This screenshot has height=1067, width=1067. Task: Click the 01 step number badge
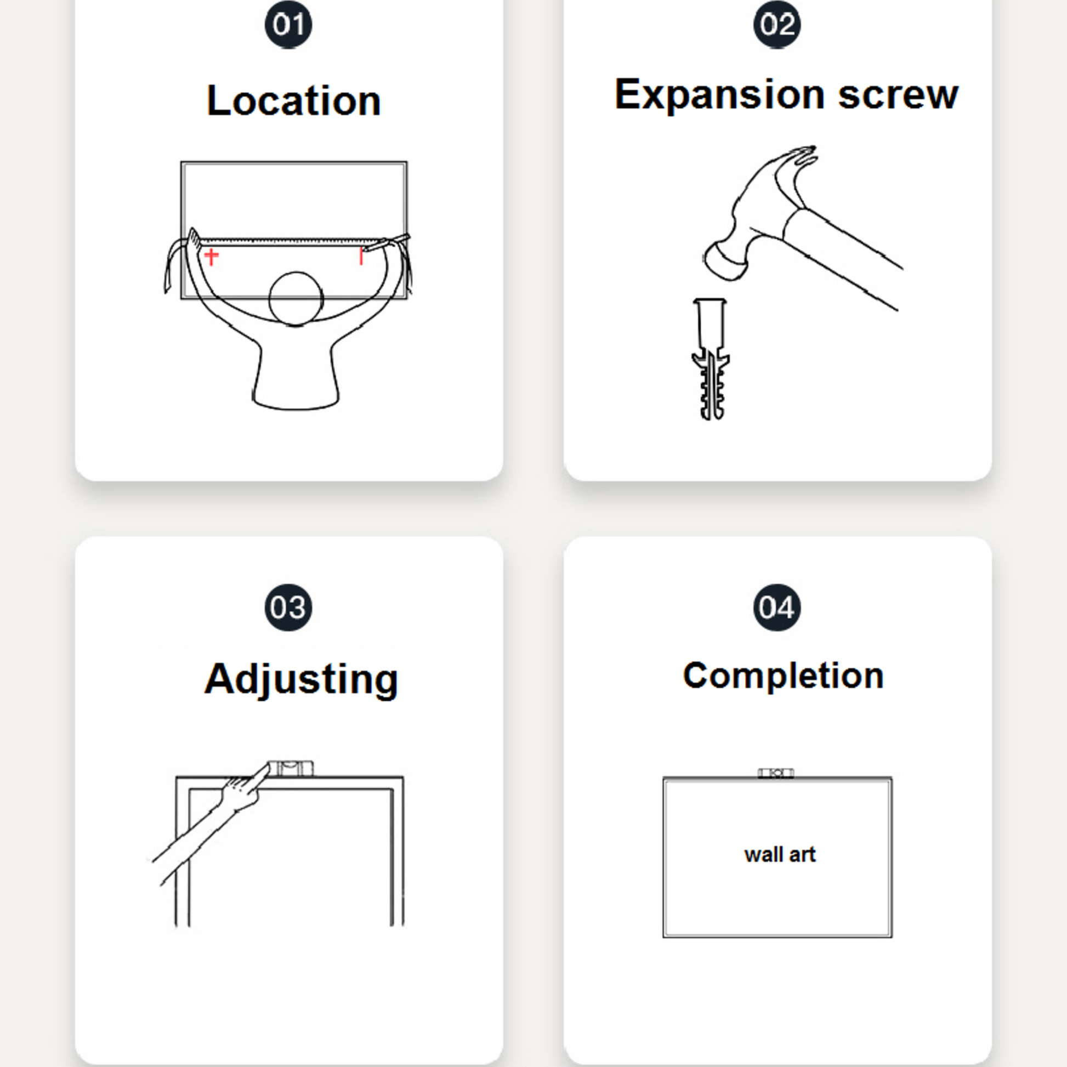tap(288, 24)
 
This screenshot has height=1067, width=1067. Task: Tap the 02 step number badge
tap(777, 24)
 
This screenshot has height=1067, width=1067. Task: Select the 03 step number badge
tap(288, 607)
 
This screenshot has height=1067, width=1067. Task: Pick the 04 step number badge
tap(777, 607)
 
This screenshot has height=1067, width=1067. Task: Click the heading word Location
tap(294, 100)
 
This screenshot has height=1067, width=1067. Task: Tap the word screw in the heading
tap(898, 95)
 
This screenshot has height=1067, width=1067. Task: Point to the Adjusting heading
tap(301, 679)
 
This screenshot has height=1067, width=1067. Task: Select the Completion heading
tap(783, 676)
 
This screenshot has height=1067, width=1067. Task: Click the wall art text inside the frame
tap(780, 854)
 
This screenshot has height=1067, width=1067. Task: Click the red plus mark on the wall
tap(212, 256)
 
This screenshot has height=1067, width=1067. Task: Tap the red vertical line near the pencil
tap(361, 256)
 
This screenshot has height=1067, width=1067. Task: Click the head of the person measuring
tap(296, 299)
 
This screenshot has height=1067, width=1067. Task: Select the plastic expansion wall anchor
tap(711, 359)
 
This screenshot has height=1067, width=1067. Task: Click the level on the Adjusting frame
tap(290, 768)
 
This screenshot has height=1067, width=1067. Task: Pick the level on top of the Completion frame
tap(775, 773)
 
